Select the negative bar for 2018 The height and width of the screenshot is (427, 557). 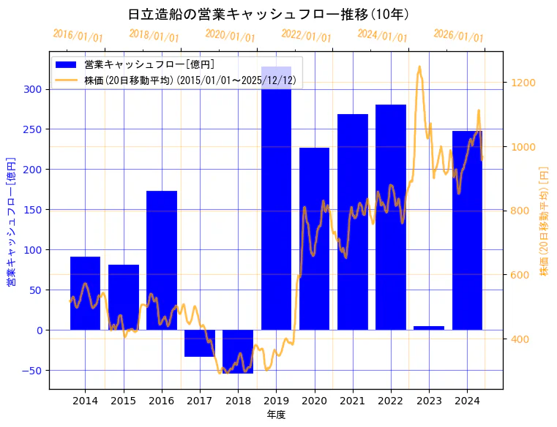click(x=238, y=351)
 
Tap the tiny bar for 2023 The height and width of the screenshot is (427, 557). click(x=429, y=328)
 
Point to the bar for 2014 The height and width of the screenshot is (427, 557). click(x=85, y=292)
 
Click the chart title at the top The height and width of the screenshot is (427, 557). click(x=268, y=15)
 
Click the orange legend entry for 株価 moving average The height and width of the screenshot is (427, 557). click(x=190, y=80)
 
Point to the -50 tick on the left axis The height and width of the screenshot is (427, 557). click(x=34, y=370)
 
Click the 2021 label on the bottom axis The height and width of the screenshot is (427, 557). click(x=352, y=401)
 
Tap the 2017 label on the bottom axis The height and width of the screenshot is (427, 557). click(x=200, y=401)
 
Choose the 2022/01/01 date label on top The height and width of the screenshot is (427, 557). click(x=307, y=36)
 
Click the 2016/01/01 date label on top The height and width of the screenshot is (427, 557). click(x=78, y=36)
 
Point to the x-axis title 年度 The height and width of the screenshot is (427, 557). click(x=276, y=415)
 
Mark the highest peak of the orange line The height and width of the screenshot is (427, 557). click(x=419, y=67)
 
